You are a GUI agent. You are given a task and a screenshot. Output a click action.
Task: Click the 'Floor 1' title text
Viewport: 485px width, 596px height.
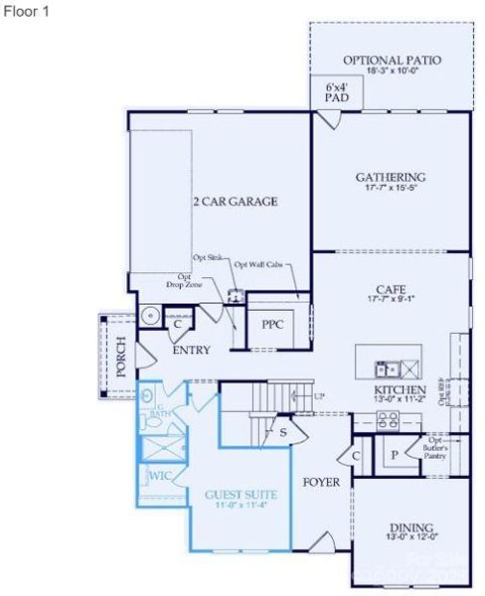click(24, 10)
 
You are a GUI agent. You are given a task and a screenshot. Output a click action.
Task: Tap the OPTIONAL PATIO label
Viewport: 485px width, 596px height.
click(392, 61)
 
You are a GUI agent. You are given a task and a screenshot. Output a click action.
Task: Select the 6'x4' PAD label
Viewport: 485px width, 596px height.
click(335, 92)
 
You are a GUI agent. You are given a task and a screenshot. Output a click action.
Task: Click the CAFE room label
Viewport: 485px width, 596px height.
click(390, 289)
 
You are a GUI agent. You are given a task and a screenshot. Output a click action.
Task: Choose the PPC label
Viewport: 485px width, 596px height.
click(273, 325)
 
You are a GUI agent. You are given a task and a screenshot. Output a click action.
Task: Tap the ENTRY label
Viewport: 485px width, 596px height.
click(191, 351)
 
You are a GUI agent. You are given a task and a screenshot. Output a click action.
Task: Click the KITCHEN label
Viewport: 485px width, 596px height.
click(401, 390)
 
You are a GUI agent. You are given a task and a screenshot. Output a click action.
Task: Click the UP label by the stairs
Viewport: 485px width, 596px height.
click(318, 396)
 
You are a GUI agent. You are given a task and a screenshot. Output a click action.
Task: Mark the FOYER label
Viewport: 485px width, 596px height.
click(321, 483)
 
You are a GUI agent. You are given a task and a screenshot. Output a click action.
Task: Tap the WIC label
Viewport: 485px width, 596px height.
click(161, 477)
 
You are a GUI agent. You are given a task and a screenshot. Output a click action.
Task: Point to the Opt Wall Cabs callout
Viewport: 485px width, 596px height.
click(257, 264)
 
